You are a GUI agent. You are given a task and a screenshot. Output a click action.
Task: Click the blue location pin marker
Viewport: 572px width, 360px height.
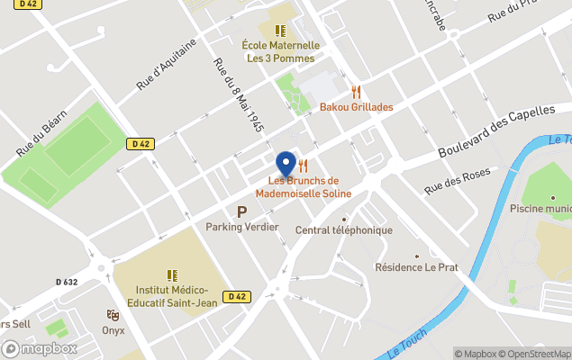[x=286, y=163]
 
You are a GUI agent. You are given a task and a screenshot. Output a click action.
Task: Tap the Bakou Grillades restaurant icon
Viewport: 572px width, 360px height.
[x=357, y=92]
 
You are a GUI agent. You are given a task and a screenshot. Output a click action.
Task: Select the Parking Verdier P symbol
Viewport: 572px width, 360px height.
[x=241, y=211]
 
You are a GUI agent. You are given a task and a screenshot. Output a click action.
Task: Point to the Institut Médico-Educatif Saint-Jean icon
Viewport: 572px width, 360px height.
[x=171, y=275]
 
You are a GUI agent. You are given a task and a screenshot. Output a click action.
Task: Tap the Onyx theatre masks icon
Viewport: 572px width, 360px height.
[x=113, y=315]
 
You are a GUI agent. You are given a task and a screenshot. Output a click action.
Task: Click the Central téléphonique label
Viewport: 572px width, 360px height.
[x=344, y=229]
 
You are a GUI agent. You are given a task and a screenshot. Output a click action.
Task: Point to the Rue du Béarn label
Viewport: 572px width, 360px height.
[x=42, y=138]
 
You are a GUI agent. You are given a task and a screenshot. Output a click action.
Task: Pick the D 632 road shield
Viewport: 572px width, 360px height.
[x=67, y=282]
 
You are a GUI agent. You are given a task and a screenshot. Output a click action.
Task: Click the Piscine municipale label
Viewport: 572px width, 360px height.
[x=540, y=209]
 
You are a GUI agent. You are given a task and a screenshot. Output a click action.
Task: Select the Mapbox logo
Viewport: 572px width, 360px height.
[x=40, y=349]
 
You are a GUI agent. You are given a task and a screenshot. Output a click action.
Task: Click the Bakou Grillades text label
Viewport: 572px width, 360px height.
[x=357, y=107]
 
